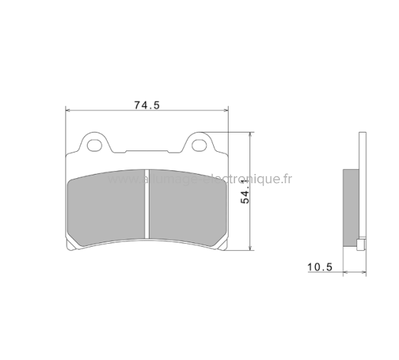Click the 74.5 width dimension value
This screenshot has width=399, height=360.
146,105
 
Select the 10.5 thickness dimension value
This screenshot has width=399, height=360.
320,267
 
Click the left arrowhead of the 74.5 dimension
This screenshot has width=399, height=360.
68,110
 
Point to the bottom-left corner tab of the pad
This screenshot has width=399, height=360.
71,247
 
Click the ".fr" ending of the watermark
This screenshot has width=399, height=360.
286,180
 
